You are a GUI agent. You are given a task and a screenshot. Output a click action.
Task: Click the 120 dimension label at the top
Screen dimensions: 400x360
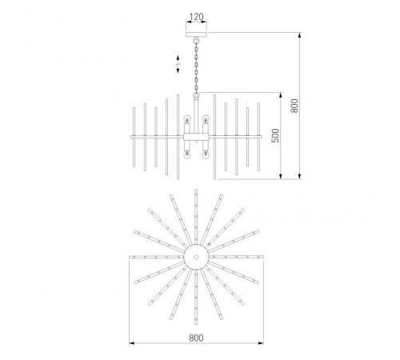196,17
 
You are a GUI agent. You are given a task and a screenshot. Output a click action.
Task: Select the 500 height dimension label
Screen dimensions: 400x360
275,135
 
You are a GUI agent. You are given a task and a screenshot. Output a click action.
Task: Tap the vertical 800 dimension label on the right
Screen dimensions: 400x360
294,106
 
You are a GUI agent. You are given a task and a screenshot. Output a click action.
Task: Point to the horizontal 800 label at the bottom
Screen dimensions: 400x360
196,338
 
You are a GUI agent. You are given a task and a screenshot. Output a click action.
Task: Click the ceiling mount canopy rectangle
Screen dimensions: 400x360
196,34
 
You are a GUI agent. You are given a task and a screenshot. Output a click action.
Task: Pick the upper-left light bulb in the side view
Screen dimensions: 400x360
187,118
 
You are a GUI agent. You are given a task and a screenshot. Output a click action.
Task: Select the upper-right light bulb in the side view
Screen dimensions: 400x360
206,118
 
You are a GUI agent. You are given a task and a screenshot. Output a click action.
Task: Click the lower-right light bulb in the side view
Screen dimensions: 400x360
206,155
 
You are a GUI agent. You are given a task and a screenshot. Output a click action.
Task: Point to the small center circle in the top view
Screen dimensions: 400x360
196,257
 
